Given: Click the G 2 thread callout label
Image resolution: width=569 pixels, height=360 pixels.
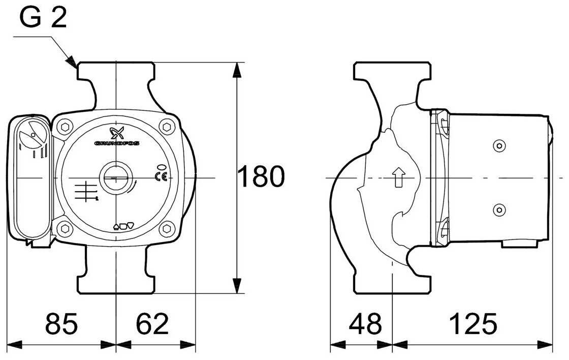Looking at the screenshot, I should point(44,19).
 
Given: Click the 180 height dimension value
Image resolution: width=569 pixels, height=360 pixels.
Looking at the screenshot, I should point(262,177).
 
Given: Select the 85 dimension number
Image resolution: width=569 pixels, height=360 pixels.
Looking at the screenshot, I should point(61,324).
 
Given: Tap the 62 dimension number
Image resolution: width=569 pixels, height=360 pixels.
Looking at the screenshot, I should point(152,324).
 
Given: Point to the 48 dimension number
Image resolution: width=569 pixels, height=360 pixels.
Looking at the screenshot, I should point(365,324).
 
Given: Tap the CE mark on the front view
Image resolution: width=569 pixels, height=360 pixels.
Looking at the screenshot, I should point(160,177).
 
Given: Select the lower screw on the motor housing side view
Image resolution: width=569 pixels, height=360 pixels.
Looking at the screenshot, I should point(499,209).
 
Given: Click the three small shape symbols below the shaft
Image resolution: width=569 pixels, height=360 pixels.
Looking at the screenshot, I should point(123,226).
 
